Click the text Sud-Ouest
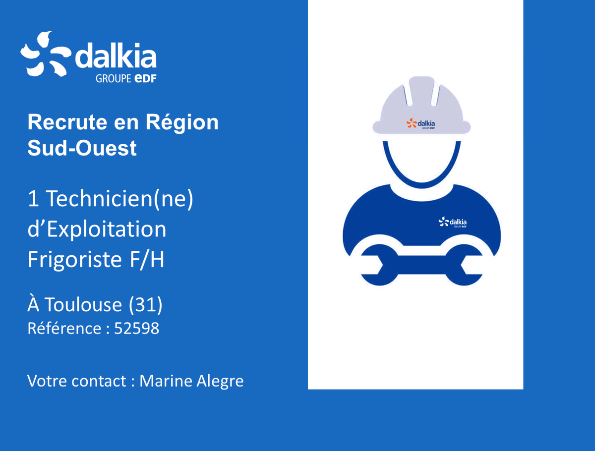click(82, 148)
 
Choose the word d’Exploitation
click(97, 229)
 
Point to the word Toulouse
click(84, 305)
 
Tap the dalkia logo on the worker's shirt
click(453, 222)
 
